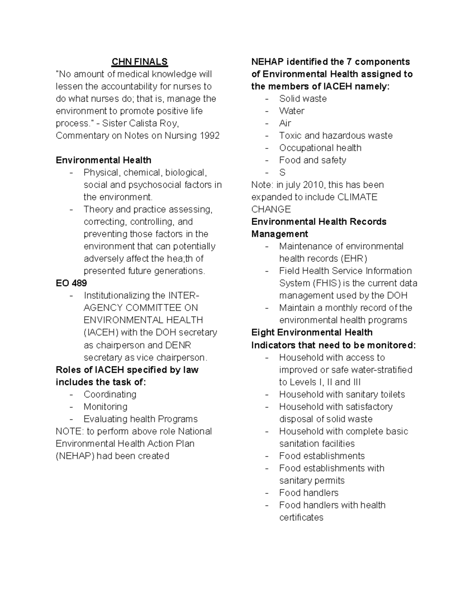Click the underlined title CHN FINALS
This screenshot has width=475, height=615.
tap(139, 62)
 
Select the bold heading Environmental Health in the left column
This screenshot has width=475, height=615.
tap(103, 160)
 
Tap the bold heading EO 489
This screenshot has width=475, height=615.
tap(71, 283)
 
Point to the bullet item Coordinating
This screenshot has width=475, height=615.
tap(110, 394)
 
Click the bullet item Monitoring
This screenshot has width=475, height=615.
tap(105, 406)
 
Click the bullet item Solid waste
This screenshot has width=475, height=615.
tap(303, 99)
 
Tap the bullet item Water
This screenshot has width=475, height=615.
tap(292, 111)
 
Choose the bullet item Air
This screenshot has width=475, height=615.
tap(285, 123)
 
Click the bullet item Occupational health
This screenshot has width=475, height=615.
tap(320, 148)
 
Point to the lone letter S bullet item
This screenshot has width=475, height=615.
tap(282, 172)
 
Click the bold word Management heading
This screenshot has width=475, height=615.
tap(279, 234)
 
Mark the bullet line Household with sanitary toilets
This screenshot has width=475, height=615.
tap(342, 394)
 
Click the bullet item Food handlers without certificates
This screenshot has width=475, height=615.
tap(308, 493)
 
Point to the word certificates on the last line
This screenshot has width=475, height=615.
tap(301, 517)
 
